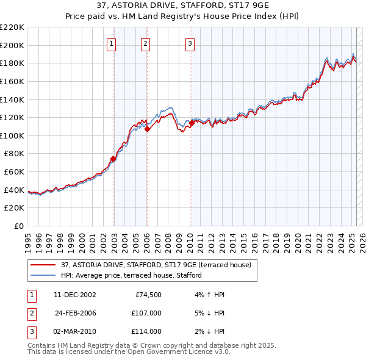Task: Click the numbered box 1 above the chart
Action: click(x=113, y=43)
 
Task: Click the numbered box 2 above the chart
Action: click(x=146, y=43)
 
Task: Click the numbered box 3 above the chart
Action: click(x=190, y=43)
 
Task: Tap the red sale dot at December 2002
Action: click(x=113, y=159)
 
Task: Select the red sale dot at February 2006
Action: click(x=147, y=129)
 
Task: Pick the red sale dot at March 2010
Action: click(x=191, y=123)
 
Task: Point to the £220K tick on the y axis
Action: click(x=12, y=27)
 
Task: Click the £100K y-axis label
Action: click(x=12, y=135)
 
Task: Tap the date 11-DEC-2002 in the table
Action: click(x=74, y=295)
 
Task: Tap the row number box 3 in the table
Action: click(x=30, y=331)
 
